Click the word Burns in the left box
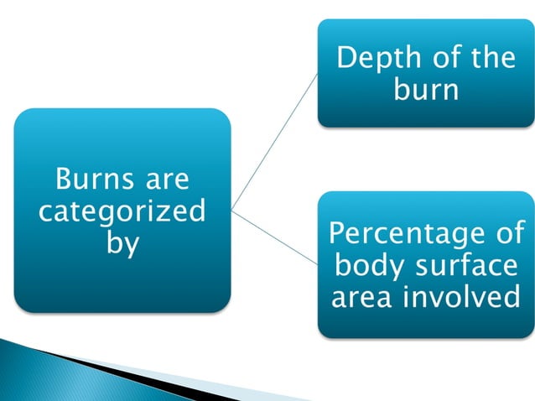(87, 179)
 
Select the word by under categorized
(122, 244)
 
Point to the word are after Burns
(165, 179)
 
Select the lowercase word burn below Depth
(426, 89)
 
